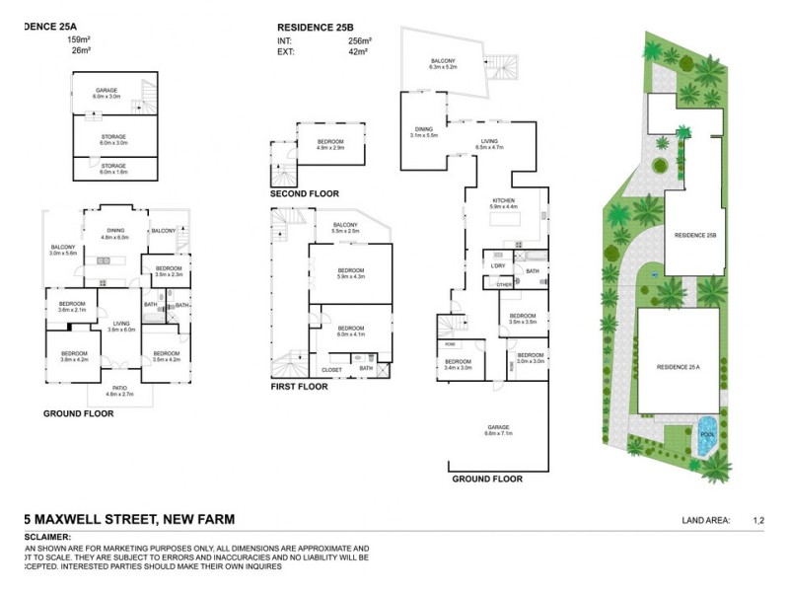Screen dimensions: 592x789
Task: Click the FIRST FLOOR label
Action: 299,387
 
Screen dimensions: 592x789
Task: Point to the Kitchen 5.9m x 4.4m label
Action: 505,203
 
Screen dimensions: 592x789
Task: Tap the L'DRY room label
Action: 498,266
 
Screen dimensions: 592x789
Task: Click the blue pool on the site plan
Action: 706,438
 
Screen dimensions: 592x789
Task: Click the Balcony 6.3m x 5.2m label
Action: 443,64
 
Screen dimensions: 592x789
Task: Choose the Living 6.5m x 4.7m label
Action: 489,144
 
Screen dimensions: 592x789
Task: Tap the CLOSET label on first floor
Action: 331,369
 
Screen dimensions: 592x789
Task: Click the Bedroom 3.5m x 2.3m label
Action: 169,270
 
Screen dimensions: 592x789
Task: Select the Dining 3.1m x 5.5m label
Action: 424,131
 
